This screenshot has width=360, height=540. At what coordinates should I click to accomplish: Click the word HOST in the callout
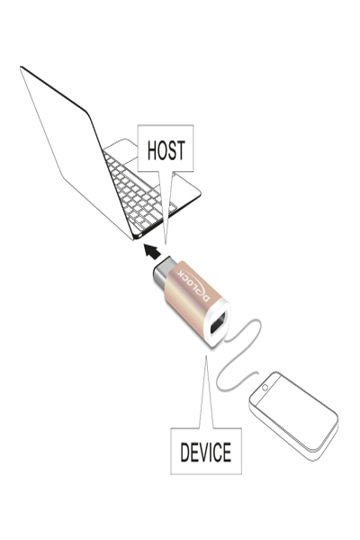coord(166,150)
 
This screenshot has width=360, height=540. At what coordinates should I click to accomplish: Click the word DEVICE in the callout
coord(206,452)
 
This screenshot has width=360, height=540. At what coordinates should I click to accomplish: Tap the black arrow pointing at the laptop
coord(152,251)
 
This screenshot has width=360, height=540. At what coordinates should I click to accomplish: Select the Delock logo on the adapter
coord(193,285)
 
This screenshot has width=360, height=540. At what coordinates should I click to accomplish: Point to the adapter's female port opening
coord(218,323)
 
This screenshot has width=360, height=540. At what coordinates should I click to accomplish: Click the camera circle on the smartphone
coord(265,388)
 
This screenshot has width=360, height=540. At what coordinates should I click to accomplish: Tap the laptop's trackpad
coord(121,150)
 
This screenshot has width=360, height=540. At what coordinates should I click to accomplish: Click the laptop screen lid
coord(76,151)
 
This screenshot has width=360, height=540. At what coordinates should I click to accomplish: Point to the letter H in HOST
coord(152,150)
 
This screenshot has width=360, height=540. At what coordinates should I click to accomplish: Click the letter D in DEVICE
coord(184,452)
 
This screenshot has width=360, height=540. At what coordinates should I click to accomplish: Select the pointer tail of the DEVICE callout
coord(206,392)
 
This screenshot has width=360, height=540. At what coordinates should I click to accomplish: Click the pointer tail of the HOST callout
coord(166,207)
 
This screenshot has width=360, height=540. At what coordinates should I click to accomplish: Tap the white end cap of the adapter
coord(218,323)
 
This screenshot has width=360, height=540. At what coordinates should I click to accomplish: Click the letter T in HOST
coord(181,150)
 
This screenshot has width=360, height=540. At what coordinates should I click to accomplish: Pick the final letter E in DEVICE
coord(228,452)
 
